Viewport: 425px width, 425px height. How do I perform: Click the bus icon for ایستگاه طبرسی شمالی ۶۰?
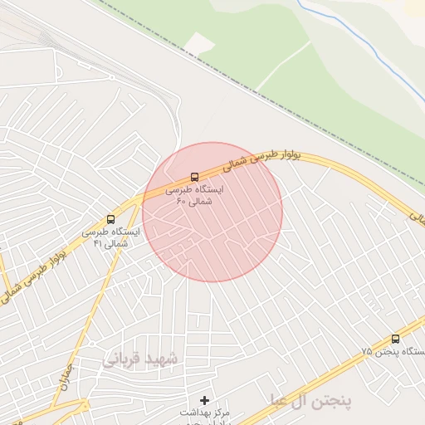pyautogui.click(x=194, y=177)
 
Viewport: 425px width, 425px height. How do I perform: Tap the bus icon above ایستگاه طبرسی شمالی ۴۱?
pyautogui.click(x=111, y=219)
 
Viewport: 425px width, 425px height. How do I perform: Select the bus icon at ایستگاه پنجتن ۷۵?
pyautogui.click(x=394, y=339)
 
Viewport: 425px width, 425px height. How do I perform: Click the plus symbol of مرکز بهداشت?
pyautogui.click(x=205, y=400)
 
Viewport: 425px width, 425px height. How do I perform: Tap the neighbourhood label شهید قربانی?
pyautogui.click(x=140, y=359)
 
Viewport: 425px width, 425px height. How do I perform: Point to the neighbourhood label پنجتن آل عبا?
pyautogui.click(x=310, y=402)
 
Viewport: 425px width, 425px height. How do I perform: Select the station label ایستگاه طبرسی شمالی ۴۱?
pyautogui.click(x=110, y=237)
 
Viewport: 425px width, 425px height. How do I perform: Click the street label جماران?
pyautogui.click(x=66, y=378)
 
